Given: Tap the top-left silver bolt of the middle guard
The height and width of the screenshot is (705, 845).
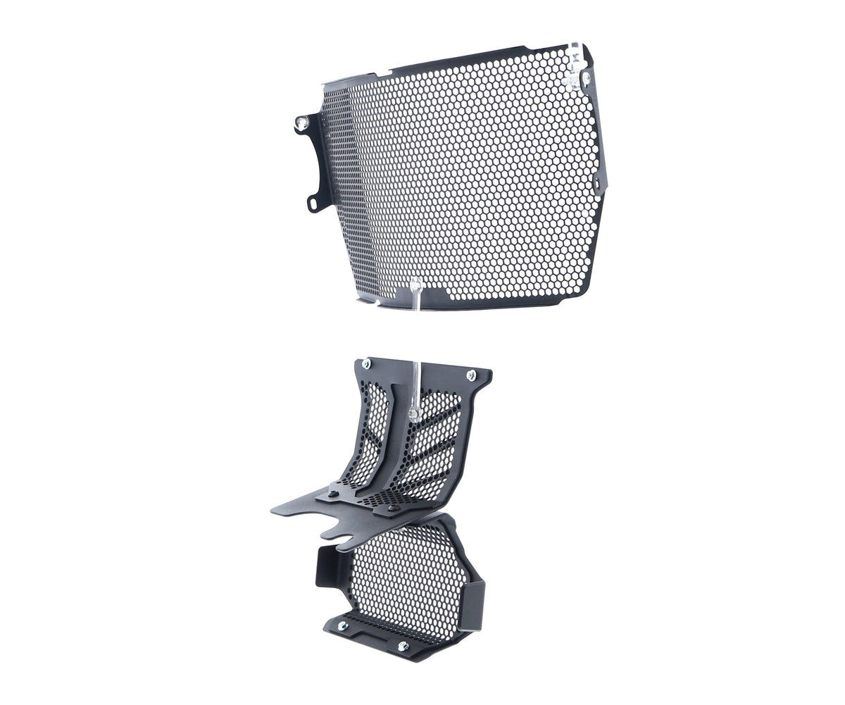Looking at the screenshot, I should coord(365,363).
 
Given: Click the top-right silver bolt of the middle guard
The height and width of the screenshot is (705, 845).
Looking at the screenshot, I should coord(471,375).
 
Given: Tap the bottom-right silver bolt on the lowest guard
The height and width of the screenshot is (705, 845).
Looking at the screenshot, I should coord(403,645).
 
